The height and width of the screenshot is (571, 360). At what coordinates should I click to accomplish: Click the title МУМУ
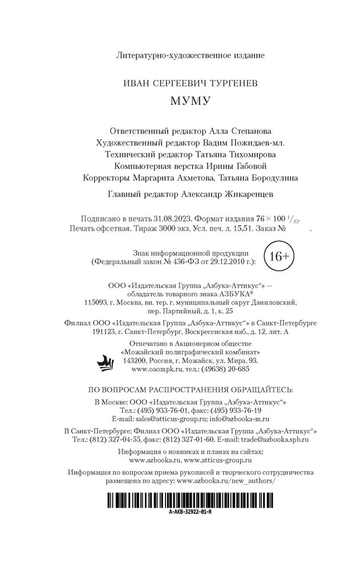(x=191, y=101)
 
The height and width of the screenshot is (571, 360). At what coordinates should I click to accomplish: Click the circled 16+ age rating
(x=278, y=257)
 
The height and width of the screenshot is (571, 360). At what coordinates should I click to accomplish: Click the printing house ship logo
(x=107, y=361)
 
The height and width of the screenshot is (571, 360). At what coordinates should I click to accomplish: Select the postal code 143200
(x=135, y=361)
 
